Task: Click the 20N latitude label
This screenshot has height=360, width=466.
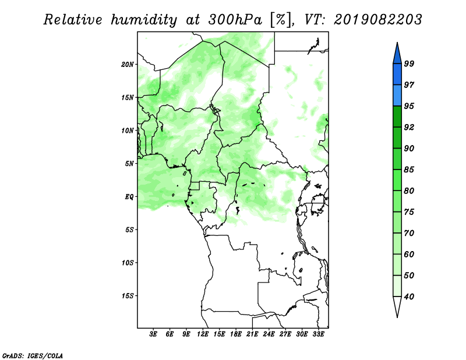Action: (128, 64)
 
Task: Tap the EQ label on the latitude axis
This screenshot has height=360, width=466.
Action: (129, 196)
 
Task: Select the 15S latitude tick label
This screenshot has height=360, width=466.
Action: (128, 296)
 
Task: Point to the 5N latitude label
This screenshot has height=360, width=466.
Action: (129, 164)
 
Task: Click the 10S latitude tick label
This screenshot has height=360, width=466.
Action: (128, 263)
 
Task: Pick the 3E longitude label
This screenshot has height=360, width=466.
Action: (153, 334)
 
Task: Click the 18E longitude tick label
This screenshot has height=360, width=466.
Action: (236, 334)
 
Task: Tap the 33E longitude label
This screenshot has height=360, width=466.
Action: (318, 334)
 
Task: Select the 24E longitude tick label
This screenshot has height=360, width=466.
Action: (269, 334)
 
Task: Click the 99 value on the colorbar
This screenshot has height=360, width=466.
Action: (409, 63)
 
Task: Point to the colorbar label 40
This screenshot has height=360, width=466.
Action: (409, 297)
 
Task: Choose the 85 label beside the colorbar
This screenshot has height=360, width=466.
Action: (409, 170)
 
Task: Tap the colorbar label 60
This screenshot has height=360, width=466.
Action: (409, 254)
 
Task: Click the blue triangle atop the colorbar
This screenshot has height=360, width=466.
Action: (397, 55)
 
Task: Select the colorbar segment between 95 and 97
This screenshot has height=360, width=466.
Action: (397, 96)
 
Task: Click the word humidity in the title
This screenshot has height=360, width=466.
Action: (144, 20)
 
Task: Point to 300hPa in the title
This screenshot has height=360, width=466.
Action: (235, 20)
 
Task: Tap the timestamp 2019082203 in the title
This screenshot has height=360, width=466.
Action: (377, 20)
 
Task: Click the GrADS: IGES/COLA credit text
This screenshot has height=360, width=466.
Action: (33, 355)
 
